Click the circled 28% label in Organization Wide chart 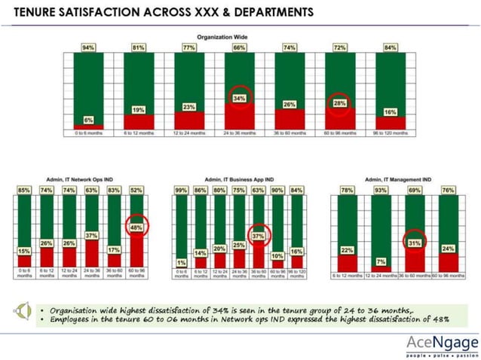coord(339,102)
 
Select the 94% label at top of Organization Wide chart coord(88,47)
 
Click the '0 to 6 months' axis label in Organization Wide coord(88,133)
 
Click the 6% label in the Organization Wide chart coord(88,120)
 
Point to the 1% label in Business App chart coord(180,261)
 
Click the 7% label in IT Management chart coord(379,261)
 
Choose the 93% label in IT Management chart coord(379,191)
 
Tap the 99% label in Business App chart coord(180,191)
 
